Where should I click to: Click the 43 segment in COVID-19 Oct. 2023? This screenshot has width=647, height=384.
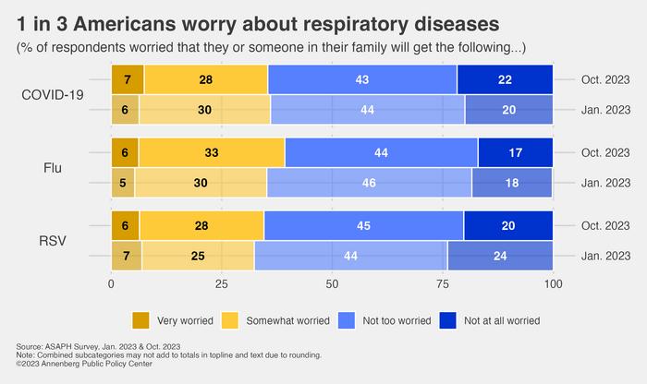(362, 80)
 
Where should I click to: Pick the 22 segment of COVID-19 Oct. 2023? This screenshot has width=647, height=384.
(505, 80)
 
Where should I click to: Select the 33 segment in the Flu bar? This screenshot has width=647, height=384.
(212, 153)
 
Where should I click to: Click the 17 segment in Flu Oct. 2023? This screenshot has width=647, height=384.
(515, 153)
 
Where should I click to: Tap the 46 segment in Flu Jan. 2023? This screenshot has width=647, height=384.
(370, 182)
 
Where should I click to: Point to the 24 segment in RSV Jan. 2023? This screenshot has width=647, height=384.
(500, 255)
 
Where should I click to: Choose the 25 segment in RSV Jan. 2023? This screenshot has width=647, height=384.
(197, 255)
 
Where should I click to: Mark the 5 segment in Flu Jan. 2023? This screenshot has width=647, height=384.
(123, 182)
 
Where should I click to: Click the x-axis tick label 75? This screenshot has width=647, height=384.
(442, 285)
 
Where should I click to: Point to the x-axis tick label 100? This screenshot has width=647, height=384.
(553, 285)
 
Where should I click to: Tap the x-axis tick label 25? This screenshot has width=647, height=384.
(222, 285)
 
